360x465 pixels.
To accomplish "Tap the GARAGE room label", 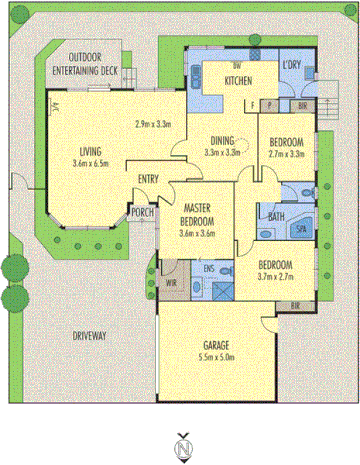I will coord(217,343).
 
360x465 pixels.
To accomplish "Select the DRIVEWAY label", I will coord(92,335).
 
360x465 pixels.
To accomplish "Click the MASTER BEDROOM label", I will coord(196,215).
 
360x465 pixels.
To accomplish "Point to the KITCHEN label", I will coord(237,80).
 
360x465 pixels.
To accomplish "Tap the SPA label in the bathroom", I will coord(301,229).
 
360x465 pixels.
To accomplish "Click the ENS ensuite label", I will coord(210,268).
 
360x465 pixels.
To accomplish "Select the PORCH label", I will coord(141,211).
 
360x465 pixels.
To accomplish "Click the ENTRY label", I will coord(149,179).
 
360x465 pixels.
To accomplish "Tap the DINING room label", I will coord(224,141).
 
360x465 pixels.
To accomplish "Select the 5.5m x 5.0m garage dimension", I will coord(217,355).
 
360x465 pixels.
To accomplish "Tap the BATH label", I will coord(271,213).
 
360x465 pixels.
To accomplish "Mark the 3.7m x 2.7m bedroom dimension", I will coord(280,277).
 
